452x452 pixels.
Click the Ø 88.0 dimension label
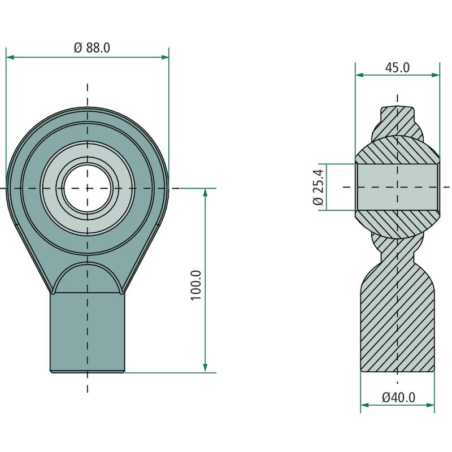click(x=92, y=47)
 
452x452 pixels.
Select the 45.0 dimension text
click(x=397, y=67)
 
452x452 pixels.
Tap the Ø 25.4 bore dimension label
click(x=318, y=187)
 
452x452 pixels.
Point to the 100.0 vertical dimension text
click(x=195, y=285)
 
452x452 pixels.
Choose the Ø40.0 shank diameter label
click(x=399, y=398)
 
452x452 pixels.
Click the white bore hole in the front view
click(x=88, y=188)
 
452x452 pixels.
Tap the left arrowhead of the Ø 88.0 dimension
click(x=10, y=57)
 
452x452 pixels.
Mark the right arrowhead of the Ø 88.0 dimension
click(x=165, y=57)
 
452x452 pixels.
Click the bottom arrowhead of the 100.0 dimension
click(x=205, y=368)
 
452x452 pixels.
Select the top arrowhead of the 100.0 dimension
click(x=205, y=193)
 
